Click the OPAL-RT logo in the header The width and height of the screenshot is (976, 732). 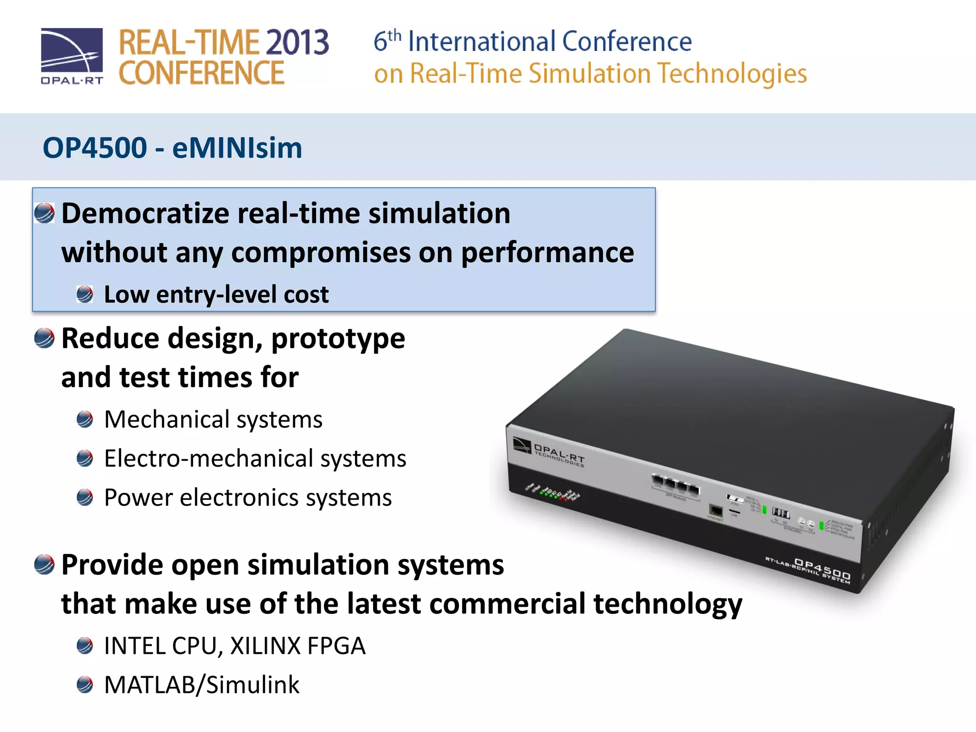coord(71,56)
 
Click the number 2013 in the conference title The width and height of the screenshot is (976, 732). coord(297,42)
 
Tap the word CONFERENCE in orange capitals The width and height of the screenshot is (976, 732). coord(201,73)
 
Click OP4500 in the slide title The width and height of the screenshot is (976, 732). coord(95,148)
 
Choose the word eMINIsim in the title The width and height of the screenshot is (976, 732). coord(237,148)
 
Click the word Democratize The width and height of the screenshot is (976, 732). coord(145,213)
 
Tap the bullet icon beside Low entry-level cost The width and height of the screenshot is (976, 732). coord(85,294)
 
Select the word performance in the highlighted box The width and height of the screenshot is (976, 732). coord(547,252)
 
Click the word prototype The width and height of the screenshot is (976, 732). coord(338,338)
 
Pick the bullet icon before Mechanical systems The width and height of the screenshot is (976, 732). coord(85,419)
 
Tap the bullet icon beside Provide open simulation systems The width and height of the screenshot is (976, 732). coord(44,565)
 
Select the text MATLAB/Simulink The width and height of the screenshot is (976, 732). coord(202,685)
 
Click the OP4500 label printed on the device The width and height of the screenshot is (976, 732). coord(822,569)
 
